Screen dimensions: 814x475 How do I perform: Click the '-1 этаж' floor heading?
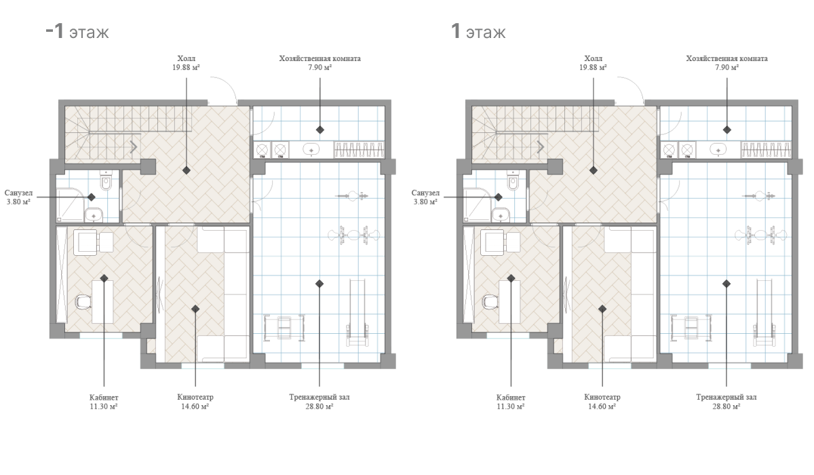click(77, 31)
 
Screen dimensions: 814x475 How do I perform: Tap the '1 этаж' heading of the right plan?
click(478, 31)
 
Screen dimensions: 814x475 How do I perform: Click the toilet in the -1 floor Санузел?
click(106, 180)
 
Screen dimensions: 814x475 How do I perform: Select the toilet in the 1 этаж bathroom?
click(513, 180)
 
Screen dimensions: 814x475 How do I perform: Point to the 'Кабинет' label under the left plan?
click(104, 398)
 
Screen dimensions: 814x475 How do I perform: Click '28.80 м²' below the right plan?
click(726, 406)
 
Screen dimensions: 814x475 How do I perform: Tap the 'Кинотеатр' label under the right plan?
click(602, 397)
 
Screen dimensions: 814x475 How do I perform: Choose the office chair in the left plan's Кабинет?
click(83, 302)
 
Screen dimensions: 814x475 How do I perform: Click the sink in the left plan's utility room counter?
click(311, 149)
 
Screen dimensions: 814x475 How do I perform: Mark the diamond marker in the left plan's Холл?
click(187, 170)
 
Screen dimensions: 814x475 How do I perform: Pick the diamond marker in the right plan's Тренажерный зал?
click(726, 284)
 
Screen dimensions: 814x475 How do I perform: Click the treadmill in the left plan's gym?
click(357, 313)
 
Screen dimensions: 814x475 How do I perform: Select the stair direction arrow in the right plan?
click(541, 147)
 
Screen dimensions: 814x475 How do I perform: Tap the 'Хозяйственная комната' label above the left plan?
click(319, 58)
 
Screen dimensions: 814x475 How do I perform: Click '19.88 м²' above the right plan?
click(593, 67)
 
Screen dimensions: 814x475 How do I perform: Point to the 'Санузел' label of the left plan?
click(18, 193)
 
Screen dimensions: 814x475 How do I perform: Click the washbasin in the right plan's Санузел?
click(501, 214)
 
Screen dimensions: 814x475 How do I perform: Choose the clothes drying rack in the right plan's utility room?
click(766, 150)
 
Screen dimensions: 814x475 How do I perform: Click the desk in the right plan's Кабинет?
click(509, 302)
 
